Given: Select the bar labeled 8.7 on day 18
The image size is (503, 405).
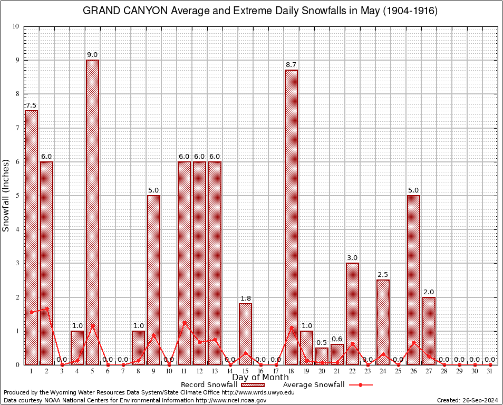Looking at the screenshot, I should [291, 217].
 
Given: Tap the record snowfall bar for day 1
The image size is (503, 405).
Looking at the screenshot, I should [31, 237].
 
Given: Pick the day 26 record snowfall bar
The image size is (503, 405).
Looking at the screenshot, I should [413, 279].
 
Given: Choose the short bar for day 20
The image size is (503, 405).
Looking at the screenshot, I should [322, 356].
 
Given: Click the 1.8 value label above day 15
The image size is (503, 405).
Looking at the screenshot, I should [245, 298].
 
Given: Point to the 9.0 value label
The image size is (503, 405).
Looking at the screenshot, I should [92, 55].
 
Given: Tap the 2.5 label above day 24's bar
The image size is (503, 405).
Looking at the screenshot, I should [383, 275].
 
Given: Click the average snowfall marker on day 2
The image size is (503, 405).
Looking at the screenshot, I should [46, 309].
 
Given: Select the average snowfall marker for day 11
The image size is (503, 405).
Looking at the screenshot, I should [184, 323].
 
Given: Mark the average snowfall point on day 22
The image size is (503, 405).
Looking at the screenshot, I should [352, 344].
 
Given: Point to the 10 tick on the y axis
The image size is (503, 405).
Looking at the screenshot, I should [15, 26].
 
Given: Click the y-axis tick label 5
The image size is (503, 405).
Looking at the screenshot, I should [17, 196].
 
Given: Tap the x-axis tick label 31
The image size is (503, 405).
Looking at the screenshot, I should [490, 371].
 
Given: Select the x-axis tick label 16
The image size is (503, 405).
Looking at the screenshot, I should [260, 371].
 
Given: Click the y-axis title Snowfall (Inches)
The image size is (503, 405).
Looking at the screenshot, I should [6, 195].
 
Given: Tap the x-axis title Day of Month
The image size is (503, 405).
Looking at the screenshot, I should [260, 378].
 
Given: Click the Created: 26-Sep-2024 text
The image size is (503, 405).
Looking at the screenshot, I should [467, 401].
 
